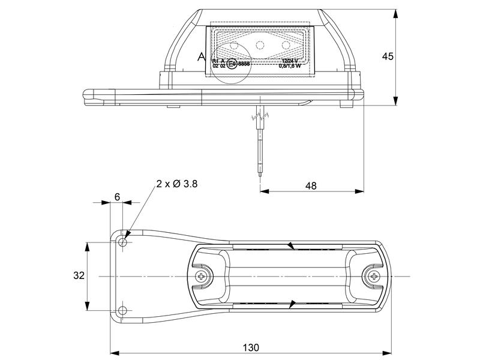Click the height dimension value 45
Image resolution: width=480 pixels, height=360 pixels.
click(388, 56)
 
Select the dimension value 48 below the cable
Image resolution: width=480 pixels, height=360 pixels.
click(311, 186)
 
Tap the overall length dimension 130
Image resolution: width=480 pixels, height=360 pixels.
click(251, 347)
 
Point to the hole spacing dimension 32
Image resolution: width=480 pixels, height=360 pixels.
click(79, 276)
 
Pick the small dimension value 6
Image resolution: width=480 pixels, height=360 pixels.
click(117, 197)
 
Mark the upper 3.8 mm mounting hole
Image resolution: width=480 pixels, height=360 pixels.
click(123, 242)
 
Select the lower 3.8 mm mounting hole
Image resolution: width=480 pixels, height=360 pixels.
click(123, 310)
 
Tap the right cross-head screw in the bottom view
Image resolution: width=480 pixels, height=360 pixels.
click(373, 276)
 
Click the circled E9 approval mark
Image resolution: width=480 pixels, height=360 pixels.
click(232, 65)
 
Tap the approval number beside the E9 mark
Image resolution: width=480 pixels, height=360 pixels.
click(244, 64)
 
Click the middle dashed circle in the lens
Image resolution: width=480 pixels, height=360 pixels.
click(260, 44)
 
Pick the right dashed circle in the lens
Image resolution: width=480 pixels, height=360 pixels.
click(286, 44)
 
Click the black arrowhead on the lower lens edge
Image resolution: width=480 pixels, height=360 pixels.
click(292, 304)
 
